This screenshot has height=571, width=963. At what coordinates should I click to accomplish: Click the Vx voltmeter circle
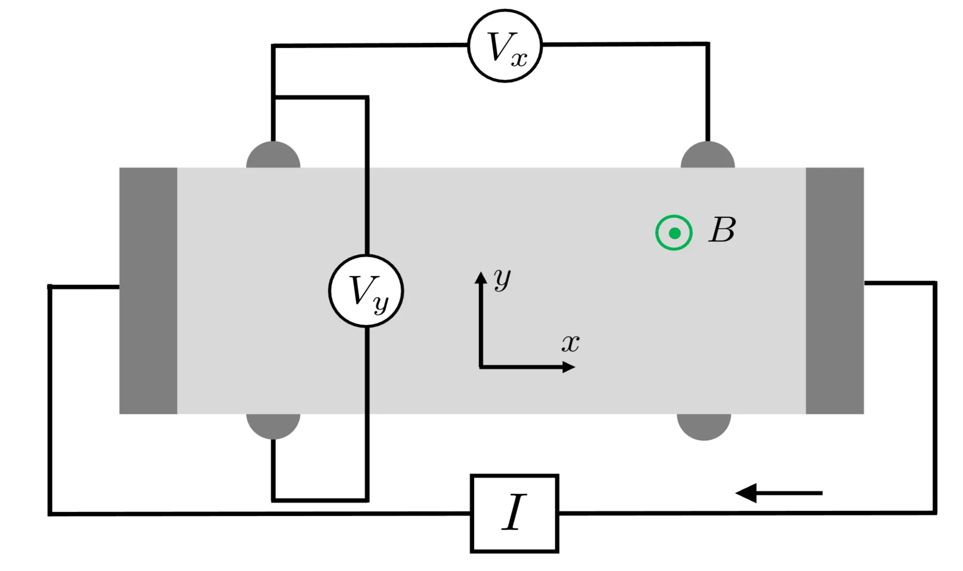coord(505,46)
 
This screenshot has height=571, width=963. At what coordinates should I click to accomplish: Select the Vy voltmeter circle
coord(366,291)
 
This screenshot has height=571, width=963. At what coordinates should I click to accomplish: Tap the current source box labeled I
coord(515,513)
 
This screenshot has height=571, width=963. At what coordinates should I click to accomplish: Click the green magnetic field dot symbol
coord(674,233)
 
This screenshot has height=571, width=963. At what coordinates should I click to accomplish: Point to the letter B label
coord(722,230)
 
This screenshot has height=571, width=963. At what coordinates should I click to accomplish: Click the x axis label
coord(570,343)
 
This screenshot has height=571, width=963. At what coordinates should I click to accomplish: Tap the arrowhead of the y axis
coord(481,278)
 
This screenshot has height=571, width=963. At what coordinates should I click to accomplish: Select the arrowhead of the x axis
coord(569,367)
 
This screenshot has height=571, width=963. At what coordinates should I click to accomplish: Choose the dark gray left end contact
coord(148,290)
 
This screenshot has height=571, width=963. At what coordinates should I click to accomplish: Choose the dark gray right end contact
coord(835,290)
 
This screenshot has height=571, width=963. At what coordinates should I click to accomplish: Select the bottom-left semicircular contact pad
coord(273,425)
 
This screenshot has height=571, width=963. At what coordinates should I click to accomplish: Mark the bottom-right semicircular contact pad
coord(704,426)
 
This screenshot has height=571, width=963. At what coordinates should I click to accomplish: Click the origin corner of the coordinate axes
coord(481,367)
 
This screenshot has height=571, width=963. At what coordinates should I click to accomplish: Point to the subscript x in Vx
coord(519,59)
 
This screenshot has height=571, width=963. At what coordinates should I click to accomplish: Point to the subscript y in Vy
coord(381,304)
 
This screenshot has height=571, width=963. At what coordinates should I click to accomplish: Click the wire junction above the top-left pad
coord(274,97)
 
